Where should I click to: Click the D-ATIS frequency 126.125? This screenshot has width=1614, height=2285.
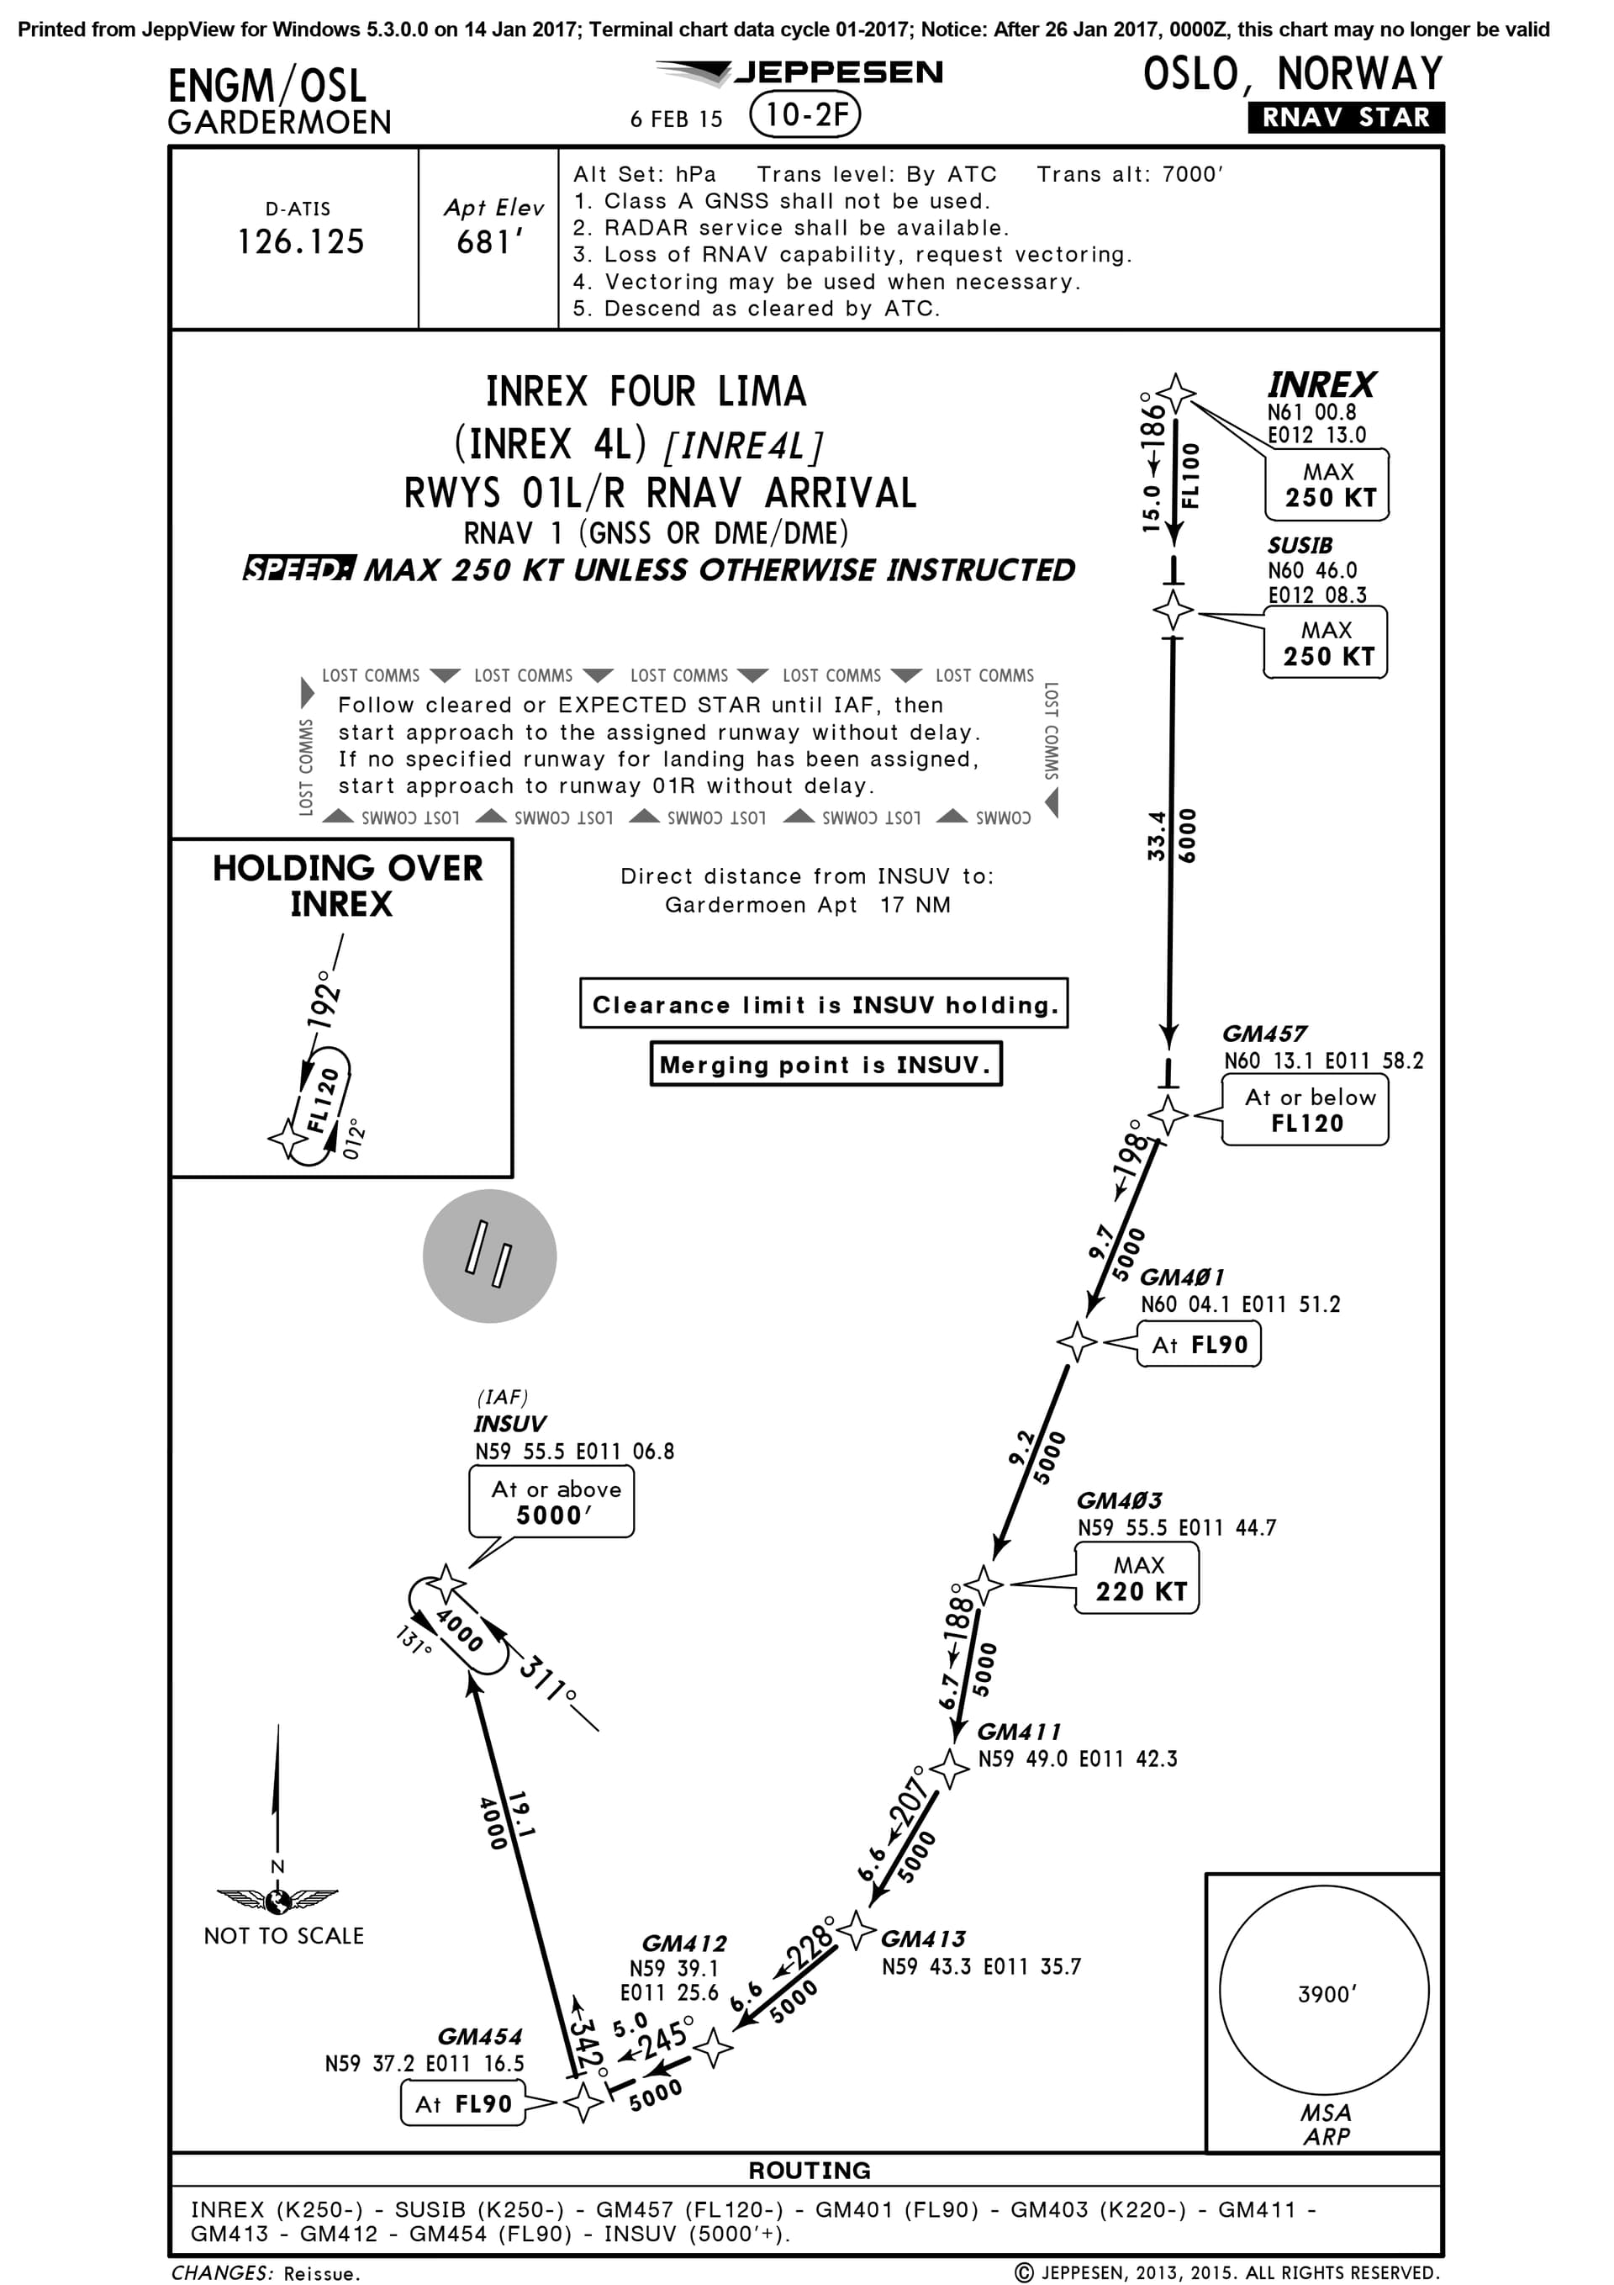click(300, 242)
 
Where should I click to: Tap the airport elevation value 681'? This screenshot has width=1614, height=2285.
click(489, 242)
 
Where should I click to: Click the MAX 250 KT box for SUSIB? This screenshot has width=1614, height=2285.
click(1327, 644)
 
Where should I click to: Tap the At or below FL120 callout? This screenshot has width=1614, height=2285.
click(1305, 1111)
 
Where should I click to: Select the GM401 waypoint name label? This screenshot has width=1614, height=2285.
click(1181, 1277)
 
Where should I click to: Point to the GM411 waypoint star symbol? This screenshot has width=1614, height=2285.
click(949, 1769)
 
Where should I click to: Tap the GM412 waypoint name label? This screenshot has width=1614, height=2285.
click(684, 1944)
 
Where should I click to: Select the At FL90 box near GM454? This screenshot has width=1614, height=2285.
click(464, 2104)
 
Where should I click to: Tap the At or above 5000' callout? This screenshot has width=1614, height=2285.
click(553, 1503)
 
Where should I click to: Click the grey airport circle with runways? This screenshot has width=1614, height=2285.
click(489, 1256)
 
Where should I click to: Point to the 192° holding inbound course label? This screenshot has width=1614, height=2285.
click(323, 999)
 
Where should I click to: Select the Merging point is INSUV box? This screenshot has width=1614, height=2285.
click(825, 1065)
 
